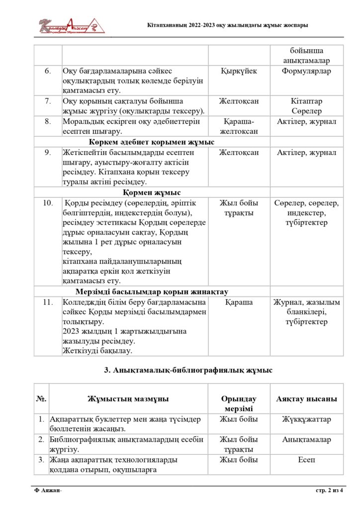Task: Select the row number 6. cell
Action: point(48,71)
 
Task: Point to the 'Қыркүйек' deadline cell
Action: point(239,71)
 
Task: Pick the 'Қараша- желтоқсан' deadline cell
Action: point(239,126)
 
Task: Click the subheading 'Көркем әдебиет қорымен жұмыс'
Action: point(152,142)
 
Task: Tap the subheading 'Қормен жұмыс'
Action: point(152,192)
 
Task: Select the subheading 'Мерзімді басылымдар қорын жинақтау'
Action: point(152,291)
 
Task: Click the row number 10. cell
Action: point(48,203)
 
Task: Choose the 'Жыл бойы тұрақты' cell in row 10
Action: point(239,208)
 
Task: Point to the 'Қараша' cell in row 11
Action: point(239,302)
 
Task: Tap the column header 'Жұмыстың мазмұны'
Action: point(128,399)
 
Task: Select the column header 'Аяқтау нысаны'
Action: point(306,399)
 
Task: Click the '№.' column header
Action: point(41,399)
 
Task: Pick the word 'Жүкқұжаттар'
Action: point(306,420)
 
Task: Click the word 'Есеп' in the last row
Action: point(306,460)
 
